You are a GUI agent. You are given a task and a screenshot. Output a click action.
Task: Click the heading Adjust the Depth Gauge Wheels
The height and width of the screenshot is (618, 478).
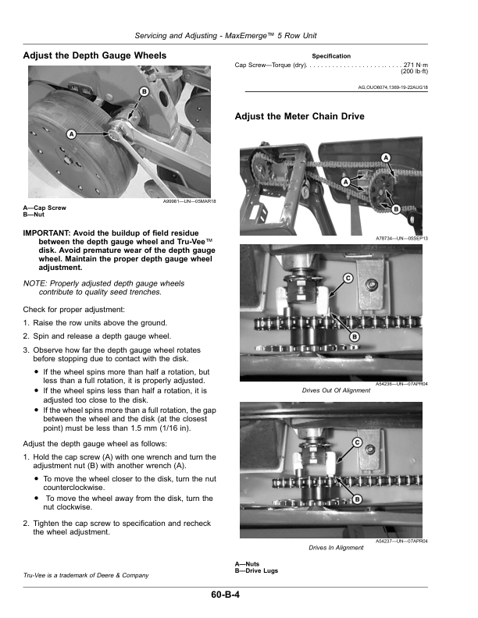pyautogui.click(x=95, y=55)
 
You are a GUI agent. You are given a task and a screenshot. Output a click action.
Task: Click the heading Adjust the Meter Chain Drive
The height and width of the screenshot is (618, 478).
pyautogui.click(x=299, y=116)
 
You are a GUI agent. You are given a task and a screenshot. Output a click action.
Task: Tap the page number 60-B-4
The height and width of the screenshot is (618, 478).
pyautogui.click(x=225, y=595)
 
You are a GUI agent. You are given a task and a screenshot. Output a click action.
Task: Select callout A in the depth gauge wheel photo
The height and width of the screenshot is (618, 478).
pyautogui.click(x=71, y=134)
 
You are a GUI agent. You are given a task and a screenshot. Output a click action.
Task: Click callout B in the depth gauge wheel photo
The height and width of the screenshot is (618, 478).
pyautogui.click(x=144, y=92)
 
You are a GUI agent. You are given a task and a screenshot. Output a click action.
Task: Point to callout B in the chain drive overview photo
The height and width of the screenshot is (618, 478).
pyautogui.click(x=395, y=209)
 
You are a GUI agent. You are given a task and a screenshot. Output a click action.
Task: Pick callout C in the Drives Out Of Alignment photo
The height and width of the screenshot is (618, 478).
pyautogui.click(x=348, y=279)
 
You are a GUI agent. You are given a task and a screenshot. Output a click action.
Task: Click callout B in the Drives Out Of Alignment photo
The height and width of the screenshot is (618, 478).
pyautogui.click(x=354, y=336)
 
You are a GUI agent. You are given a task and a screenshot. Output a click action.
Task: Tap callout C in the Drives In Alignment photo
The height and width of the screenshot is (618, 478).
pyautogui.click(x=357, y=442)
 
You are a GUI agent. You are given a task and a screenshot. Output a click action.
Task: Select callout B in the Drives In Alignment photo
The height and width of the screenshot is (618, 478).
pyautogui.click(x=357, y=499)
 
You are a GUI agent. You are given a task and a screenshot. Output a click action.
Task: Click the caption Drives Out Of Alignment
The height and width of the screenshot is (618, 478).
pyautogui.click(x=336, y=391)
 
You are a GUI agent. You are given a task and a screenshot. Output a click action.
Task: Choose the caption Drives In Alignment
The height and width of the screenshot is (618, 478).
pyautogui.click(x=336, y=548)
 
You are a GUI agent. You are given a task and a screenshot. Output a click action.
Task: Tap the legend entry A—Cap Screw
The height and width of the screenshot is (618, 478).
pyautogui.click(x=45, y=208)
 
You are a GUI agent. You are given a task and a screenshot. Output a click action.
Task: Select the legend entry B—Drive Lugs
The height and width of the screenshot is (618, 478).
pyautogui.click(x=256, y=570)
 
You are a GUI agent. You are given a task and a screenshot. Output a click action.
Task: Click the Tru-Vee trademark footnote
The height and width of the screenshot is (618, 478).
pyautogui.click(x=86, y=575)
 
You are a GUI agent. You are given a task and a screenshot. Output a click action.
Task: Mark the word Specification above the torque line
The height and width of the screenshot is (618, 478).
pyautogui.click(x=331, y=56)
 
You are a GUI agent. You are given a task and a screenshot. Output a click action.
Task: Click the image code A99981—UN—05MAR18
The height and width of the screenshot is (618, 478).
pyautogui.click(x=190, y=201)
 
